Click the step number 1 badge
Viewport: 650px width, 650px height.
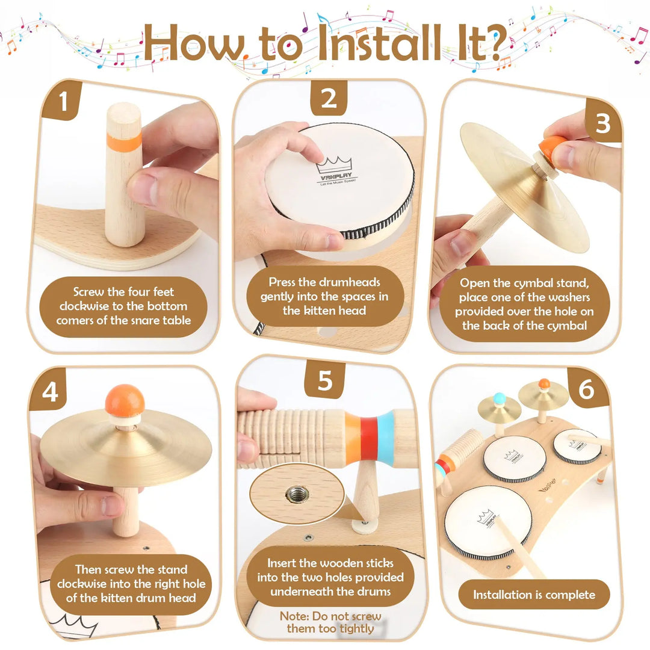63,101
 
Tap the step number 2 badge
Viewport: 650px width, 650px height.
329,98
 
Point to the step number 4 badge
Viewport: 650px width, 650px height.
50,391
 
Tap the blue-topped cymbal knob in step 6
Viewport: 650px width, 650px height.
499,398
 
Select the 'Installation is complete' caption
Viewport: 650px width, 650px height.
534,595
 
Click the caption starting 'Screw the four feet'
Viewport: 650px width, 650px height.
123,306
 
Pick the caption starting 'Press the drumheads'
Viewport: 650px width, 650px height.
324,296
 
